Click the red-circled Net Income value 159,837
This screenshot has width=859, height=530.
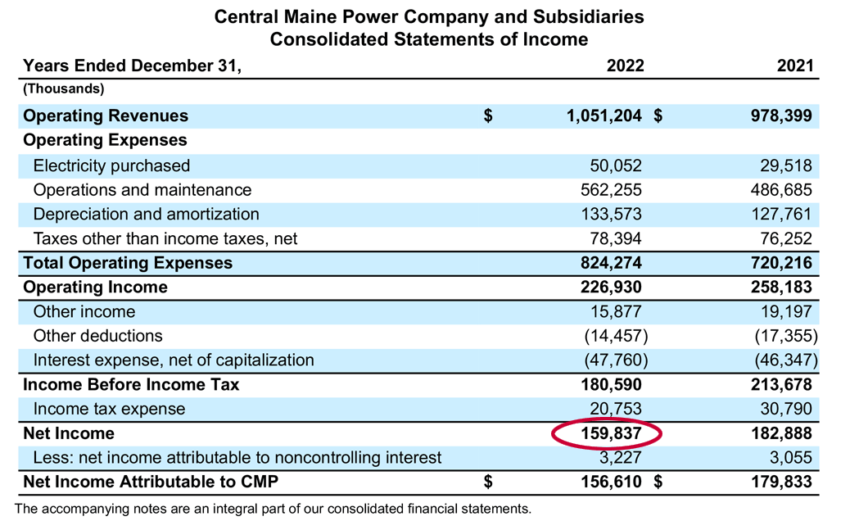point(606,433)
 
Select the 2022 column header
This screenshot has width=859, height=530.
point(625,66)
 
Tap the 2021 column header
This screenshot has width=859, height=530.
point(795,66)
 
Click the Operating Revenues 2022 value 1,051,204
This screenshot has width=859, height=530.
point(604,116)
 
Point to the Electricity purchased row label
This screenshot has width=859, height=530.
point(111,165)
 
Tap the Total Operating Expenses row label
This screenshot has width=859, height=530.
point(128,263)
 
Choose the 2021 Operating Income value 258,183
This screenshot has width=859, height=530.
point(777,288)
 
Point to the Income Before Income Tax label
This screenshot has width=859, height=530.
point(131,384)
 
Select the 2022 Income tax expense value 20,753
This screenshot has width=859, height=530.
point(616,409)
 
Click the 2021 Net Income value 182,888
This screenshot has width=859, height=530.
point(777,433)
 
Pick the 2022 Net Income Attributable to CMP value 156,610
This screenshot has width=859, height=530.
point(607,482)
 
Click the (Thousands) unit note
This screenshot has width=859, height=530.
point(63,88)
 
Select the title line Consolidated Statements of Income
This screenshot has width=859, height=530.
point(429,39)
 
